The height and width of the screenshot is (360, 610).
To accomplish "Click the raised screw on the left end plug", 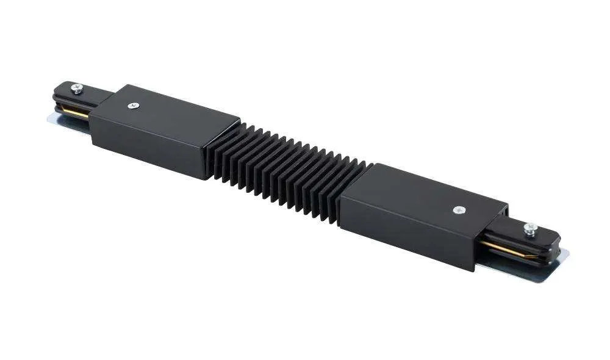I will [76, 88].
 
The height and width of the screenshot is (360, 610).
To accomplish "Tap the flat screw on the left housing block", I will [132, 106].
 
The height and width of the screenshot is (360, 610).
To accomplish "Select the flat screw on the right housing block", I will [458, 210].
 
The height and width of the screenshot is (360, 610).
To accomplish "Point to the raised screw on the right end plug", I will [530, 229].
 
